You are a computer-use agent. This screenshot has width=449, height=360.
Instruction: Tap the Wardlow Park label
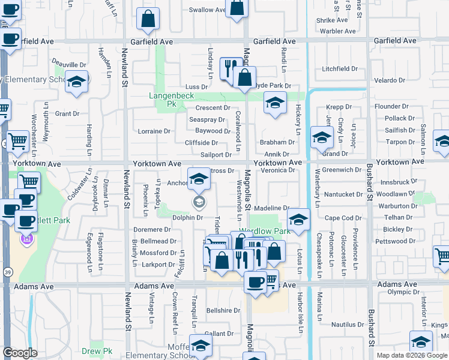(265, 231)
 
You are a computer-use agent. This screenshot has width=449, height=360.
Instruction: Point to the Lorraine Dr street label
(154, 131)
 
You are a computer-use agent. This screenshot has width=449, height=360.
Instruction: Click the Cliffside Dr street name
(201, 143)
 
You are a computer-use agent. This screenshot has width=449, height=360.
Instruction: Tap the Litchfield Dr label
(339, 69)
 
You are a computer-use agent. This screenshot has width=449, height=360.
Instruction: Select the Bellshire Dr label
(223, 311)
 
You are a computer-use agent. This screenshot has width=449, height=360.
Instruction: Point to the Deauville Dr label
(69, 65)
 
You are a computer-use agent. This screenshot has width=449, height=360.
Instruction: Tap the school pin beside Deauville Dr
(77, 82)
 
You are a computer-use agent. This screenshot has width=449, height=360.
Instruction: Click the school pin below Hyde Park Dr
(275, 104)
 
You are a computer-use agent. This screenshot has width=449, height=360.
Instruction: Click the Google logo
(20, 353)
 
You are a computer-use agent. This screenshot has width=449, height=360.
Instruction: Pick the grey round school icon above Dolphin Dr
(198, 202)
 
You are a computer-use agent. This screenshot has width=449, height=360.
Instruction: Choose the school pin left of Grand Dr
(322, 138)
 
